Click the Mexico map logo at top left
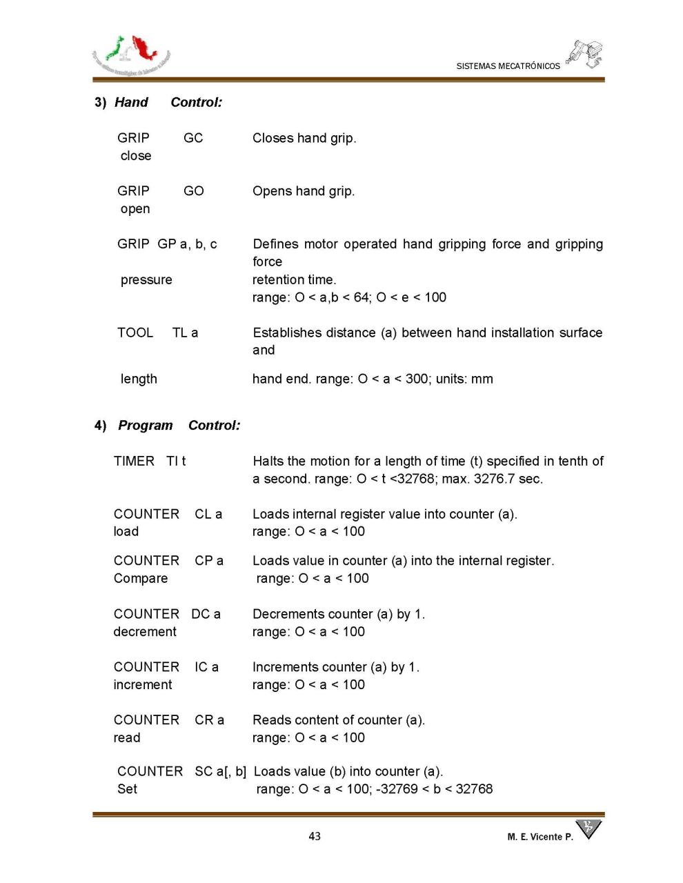[x=131, y=55]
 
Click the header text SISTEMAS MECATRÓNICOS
[x=508, y=66]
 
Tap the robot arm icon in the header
[x=584, y=54]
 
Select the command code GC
[x=193, y=138]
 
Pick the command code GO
[x=194, y=191]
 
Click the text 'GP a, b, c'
[x=187, y=244]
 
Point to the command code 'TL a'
[x=185, y=333]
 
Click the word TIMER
[x=134, y=461]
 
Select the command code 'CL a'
[x=208, y=514]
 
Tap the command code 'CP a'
[x=209, y=561]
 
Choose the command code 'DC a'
[x=206, y=614]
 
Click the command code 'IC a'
[x=206, y=667]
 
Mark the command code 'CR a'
[x=209, y=720]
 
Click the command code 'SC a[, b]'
[x=220, y=771]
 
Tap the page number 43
[x=315, y=836]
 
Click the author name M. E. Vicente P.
[x=540, y=837]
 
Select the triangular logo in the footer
[x=588, y=828]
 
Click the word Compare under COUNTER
[x=141, y=579]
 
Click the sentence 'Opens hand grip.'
[x=304, y=191]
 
